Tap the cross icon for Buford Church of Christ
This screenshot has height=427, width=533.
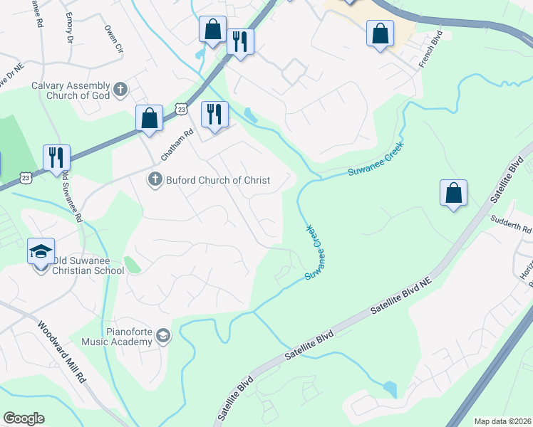154,180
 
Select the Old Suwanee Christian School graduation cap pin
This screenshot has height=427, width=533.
41,251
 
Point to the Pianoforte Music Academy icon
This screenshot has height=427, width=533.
163,335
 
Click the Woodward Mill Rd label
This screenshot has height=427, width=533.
63,352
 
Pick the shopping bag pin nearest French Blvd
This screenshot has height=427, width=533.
380,33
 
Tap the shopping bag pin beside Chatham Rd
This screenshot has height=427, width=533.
150,118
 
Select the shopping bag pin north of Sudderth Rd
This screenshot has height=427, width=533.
453,193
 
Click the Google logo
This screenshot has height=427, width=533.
24,418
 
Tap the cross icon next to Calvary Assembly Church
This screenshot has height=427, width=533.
120,90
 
